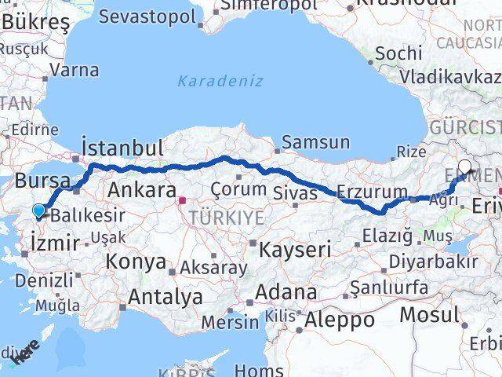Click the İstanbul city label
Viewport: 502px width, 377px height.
pos(123,148)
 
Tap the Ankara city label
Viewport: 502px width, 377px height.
pos(141,190)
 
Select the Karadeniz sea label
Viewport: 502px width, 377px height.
pos(220,81)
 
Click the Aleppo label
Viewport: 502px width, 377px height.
pos(340,320)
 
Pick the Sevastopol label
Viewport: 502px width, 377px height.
pos(147,16)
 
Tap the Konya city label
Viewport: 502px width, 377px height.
pos(136,262)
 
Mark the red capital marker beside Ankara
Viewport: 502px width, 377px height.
pos(183,199)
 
